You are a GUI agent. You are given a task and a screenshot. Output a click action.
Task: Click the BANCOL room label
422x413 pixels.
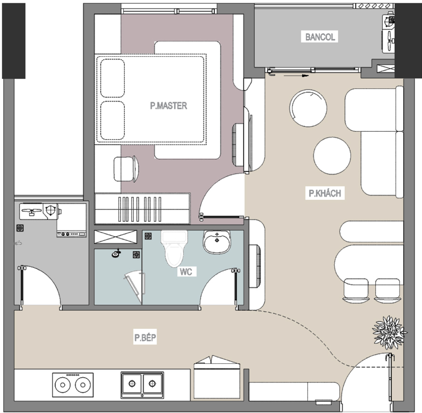[x=320, y=37]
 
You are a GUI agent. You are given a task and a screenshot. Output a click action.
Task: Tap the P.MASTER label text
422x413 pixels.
[x=168, y=106]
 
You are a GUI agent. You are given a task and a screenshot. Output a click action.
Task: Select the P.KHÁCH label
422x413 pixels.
[x=324, y=194]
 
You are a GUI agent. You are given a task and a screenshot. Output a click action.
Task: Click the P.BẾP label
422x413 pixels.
[x=145, y=337]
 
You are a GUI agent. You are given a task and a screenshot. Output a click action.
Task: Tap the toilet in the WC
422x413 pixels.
[x=175, y=250]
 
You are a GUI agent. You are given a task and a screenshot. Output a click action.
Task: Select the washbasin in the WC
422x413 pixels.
[x=216, y=243]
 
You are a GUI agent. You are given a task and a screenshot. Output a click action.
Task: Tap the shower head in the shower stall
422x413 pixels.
[x=115, y=254]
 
